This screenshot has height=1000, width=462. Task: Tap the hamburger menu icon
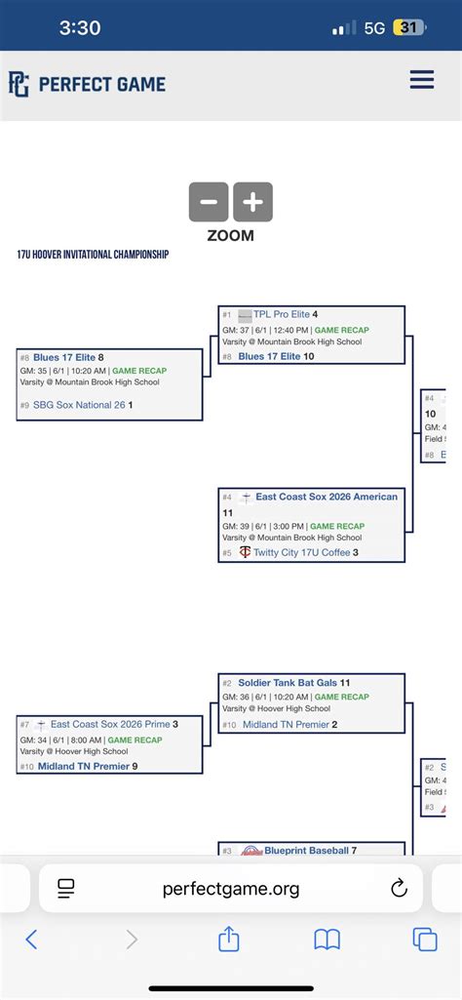tap(422, 80)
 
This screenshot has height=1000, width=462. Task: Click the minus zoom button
tap(209, 202)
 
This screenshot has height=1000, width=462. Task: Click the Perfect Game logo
tap(87, 84)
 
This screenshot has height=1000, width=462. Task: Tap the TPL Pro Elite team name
tap(281, 315)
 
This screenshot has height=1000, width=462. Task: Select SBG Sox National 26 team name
tap(79, 405)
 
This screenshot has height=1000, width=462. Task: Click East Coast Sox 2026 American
tap(327, 497)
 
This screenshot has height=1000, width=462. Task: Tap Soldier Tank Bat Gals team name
tap(292, 683)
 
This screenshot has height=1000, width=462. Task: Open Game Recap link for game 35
tap(139, 371)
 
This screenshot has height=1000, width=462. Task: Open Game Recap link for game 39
tap(337, 526)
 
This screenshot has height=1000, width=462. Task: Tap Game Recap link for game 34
tap(134, 740)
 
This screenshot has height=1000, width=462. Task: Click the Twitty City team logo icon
tap(245, 552)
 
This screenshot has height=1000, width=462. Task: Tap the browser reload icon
tap(398, 888)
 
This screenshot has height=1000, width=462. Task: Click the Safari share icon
tap(229, 940)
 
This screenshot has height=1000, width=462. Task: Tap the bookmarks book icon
tap(327, 940)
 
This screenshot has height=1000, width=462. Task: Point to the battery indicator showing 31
tap(407, 28)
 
